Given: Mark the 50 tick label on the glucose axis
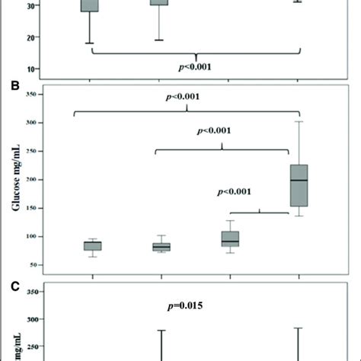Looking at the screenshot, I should click(33, 265).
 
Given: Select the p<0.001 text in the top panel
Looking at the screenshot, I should click(196, 66).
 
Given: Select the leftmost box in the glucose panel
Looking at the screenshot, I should click(92, 245).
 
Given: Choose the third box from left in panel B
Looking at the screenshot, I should click(230, 238).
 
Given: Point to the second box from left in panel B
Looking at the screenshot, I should click(161, 246).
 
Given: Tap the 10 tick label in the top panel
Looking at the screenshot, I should click(33, 69).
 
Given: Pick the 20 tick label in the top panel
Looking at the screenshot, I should click(33, 37).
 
